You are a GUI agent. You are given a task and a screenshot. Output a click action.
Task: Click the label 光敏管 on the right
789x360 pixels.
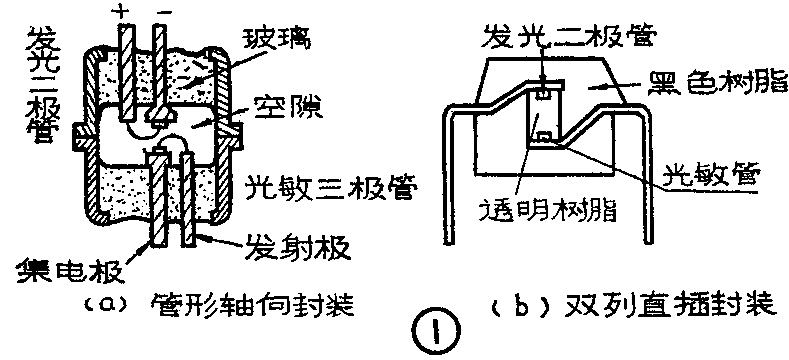tap(714, 176)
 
